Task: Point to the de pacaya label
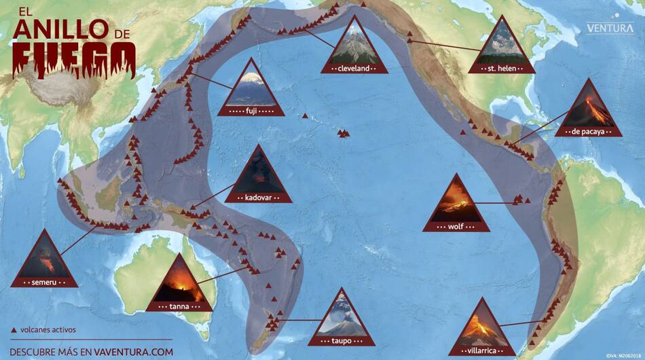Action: [x=588, y=132]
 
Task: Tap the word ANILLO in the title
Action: [x=60, y=29]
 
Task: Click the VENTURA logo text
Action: [x=611, y=29]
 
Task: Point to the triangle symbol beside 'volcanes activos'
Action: [x=14, y=330]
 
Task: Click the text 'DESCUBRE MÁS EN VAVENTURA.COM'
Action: [x=92, y=352]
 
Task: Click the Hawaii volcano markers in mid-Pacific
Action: [x=344, y=134]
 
